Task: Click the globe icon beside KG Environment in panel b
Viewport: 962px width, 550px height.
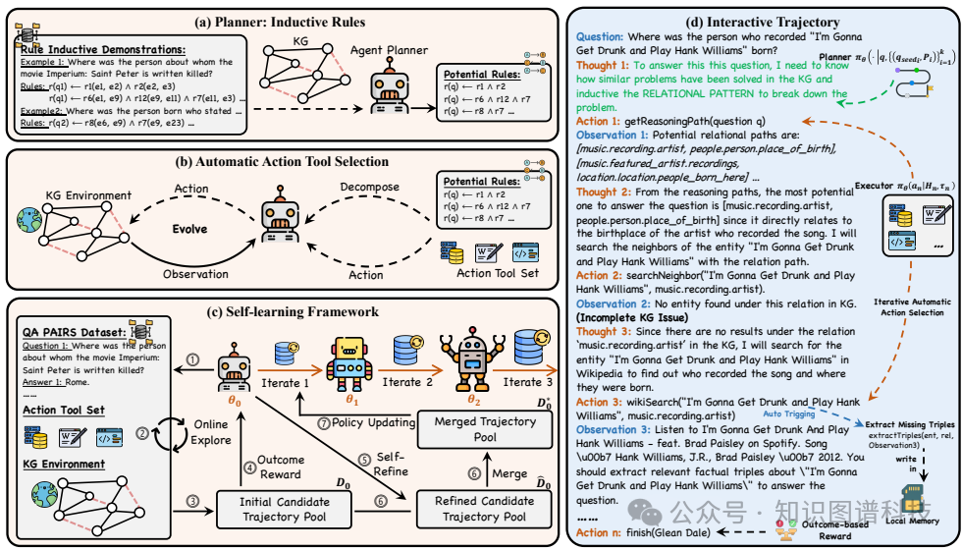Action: click(x=25, y=219)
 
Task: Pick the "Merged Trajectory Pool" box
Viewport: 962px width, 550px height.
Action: click(x=485, y=429)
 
